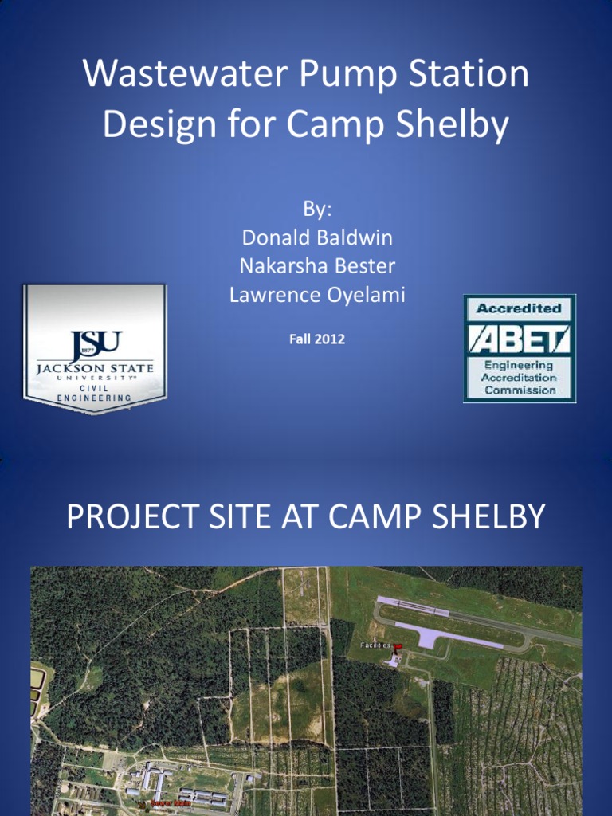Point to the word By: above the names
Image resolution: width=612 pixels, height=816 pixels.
316,210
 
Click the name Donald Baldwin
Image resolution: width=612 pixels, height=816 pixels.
316,237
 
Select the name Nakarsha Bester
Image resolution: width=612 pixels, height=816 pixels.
316,265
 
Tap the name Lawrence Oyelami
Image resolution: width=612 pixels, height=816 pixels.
316,295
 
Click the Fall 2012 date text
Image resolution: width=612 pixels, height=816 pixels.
316,339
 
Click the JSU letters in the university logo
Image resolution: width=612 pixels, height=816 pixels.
96,345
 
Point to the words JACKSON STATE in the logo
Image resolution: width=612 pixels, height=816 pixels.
95,370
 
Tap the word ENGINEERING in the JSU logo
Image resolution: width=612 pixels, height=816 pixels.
95,398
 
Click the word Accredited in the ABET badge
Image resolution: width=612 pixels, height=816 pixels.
519,308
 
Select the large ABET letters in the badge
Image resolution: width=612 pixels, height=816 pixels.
519,339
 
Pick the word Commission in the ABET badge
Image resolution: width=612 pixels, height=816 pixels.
520,390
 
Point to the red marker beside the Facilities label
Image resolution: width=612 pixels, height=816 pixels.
398,647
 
